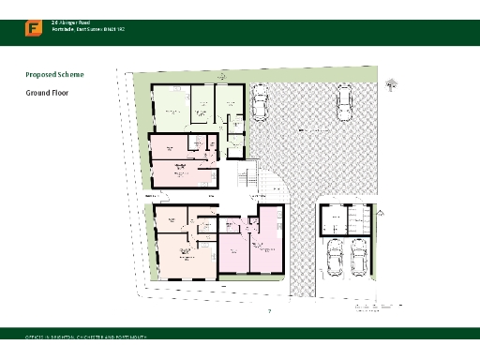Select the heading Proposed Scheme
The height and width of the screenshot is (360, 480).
[x=54, y=73]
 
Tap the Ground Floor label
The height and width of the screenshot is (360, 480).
[x=47, y=93]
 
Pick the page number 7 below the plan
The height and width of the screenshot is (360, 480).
[x=270, y=311]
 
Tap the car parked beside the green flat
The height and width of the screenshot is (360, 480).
[x=258, y=104]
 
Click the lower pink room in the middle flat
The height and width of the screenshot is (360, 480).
[x=179, y=173]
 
